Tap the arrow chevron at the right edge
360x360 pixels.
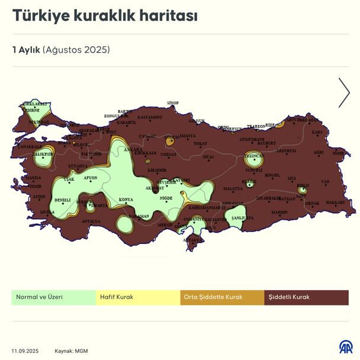(344, 92)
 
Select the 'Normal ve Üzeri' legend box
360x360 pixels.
(53, 297)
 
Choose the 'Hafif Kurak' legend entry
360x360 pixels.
(137, 297)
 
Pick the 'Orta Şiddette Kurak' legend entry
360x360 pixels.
(222, 297)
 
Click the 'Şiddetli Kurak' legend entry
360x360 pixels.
(306, 297)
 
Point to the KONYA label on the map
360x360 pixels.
(126, 200)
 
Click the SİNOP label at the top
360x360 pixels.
(173, 103)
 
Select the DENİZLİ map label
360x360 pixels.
(62, 200)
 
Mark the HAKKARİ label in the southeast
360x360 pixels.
(335, 202)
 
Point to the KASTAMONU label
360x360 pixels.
(150, 117)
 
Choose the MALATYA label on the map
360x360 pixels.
(233, 189)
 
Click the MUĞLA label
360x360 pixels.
(47, 212)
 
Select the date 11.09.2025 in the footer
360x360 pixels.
(25, 351)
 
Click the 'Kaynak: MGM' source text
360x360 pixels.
(71, 351)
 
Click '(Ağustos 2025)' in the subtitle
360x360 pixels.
(76, 50)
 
